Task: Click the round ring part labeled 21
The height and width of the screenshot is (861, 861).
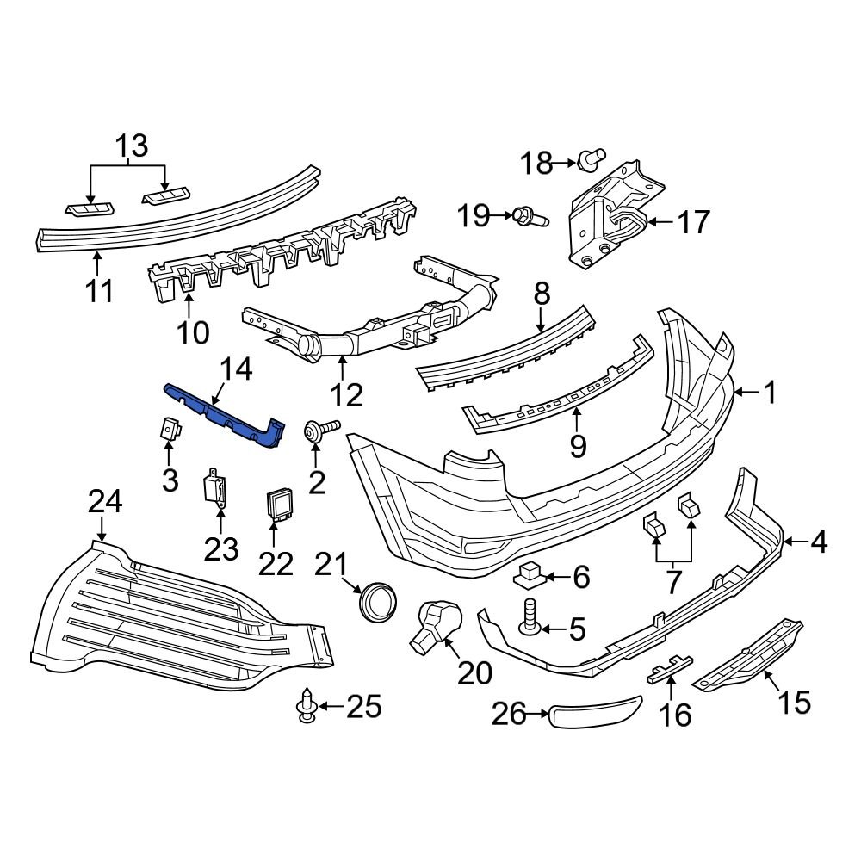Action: point(378,600)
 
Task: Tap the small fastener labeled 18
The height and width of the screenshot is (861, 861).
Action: point(588,159)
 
